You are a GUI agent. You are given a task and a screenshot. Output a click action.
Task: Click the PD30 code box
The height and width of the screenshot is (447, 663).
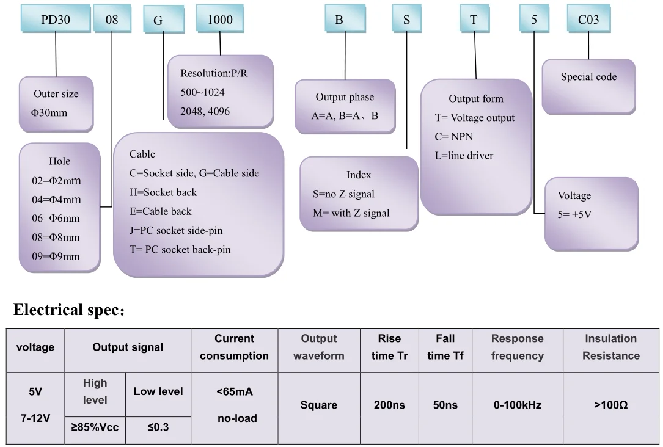pyautogui.click(x=56, y=20)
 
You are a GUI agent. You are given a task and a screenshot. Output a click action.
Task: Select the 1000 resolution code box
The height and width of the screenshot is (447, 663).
pyautogui.click(x=220, y=20)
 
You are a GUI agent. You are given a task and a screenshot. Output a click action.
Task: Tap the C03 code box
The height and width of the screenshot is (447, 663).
pyautogui.click(x=588, y=20)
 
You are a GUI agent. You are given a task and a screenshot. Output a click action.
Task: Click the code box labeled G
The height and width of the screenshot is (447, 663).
pyautogui.click(x=158, y=20)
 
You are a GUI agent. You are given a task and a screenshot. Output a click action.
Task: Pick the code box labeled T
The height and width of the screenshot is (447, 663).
pyautogui.click(x=474, y=20)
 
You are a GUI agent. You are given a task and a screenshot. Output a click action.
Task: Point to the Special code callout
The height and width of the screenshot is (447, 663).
pyautogui.click(x=588, y=78)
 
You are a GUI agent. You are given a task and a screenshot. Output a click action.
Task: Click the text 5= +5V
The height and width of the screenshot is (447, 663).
pyautogui.click(x=574, y=214)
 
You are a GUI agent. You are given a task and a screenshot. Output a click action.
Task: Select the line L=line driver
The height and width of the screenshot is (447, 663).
pyautogui.click(x=464, y=156)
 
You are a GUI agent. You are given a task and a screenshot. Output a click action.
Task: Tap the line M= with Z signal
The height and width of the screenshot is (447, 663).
pyautogui.click(x=351, y=213)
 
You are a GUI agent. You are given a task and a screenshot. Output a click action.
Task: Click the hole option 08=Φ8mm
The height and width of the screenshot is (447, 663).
pyautogui.click(x=56, y=237)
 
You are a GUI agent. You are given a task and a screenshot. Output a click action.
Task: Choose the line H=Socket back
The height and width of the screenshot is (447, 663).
pyautogui.click(x=163, y=192)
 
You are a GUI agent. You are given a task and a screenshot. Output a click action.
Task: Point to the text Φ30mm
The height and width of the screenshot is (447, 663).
pyautogui.click(x=50, y=113)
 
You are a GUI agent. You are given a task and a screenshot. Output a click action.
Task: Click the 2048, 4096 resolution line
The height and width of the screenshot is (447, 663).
pyautogui.click(x=205, y=112)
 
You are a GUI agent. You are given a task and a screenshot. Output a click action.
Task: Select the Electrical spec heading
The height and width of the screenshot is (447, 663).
pyautogui.click(x=68, y=310)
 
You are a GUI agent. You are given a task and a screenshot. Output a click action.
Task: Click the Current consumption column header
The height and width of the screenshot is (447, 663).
pyautogui.click(x=234, y=347)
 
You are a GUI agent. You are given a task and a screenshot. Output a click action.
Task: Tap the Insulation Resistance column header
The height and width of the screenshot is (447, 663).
pyautogui.click(x=610, y=347)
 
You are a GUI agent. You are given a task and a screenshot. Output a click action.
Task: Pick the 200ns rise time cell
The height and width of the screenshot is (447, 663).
pyautogui.click(x=389, y=405)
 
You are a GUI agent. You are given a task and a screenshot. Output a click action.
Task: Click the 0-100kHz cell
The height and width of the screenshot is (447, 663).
pyautogui.click(x=517, y=405)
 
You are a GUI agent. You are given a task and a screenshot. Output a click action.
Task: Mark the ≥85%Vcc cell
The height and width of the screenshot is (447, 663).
pyautogui.click(x=95, y=427)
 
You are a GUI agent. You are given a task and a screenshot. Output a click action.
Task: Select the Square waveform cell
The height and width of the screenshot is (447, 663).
pyautogui.click(x=318, y=405)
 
